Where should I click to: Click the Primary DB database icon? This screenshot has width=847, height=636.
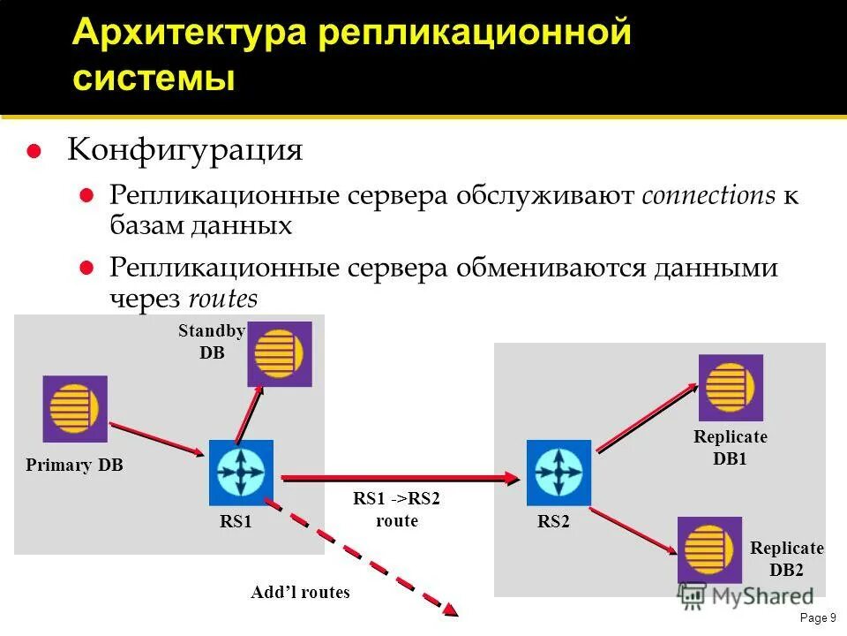(x=75, y=409)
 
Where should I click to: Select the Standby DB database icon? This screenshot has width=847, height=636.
(x=279, y=353)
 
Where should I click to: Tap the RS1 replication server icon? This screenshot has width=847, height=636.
(x=241, y=473)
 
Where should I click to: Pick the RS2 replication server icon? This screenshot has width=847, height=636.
(x=558, y=473)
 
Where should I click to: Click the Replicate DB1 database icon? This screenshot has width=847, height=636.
(x=731, y=387)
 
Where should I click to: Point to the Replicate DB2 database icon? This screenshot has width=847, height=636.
(x=709, y=549)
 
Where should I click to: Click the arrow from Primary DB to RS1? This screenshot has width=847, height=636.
(x=154, y=439)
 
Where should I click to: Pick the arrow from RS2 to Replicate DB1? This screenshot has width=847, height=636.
(x=648, y=418)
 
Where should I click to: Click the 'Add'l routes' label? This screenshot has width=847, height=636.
(x=300, y=593)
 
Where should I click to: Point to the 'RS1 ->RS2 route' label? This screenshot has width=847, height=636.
(x=396, y=510)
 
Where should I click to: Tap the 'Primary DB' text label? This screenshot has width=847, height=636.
(x=74, y=466)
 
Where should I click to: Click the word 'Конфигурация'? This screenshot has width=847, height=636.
(x=185, y=149)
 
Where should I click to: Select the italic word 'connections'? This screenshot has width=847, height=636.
(x=708, y=195)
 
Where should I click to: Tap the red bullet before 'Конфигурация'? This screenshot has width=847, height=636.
(x=34, y=151)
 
